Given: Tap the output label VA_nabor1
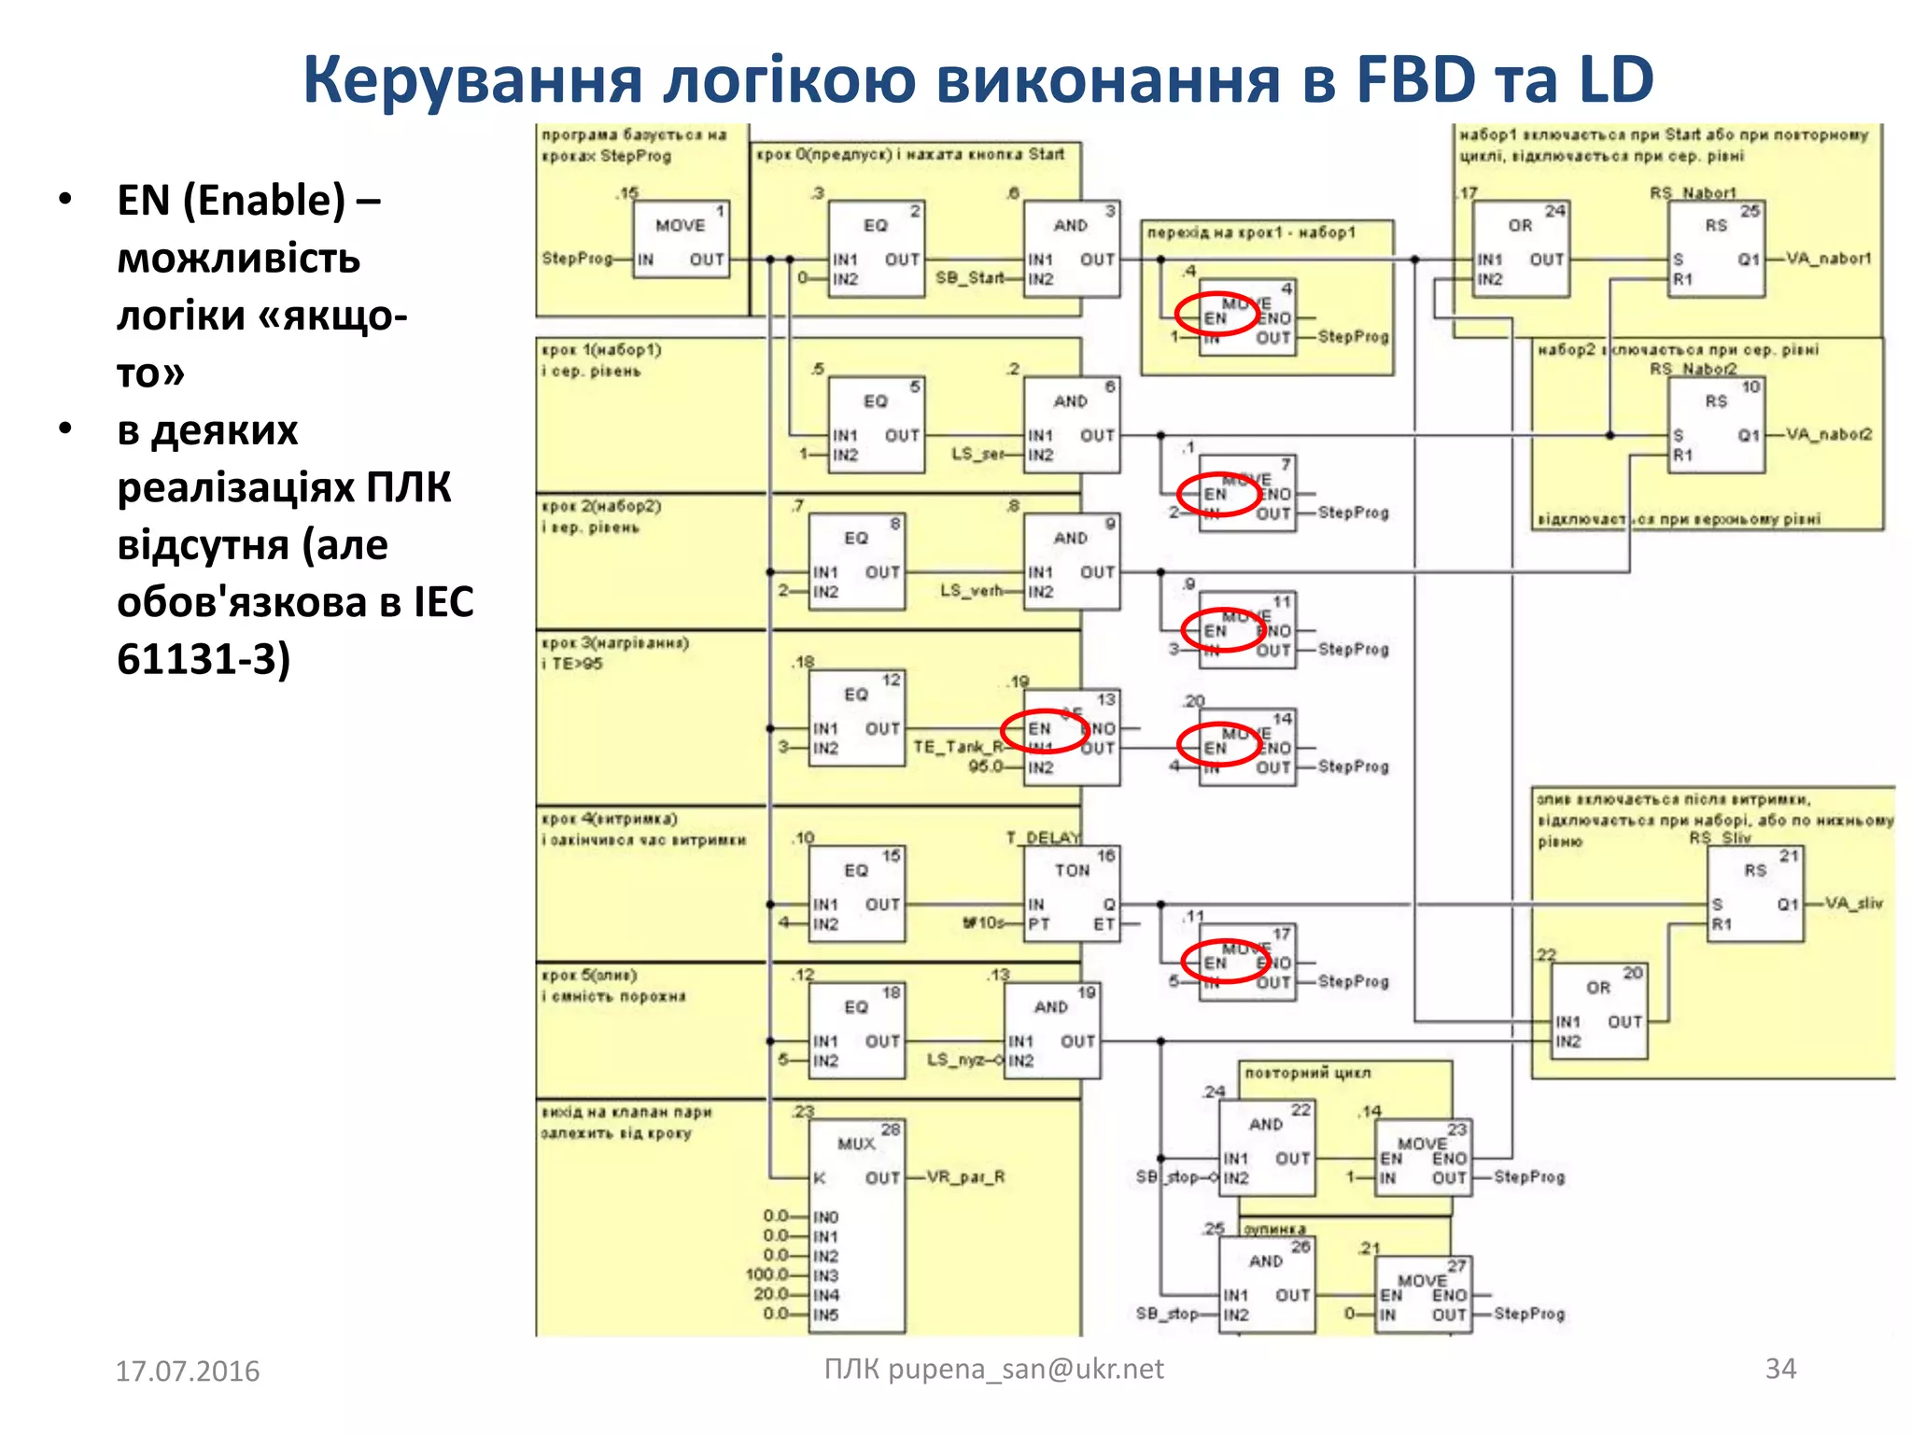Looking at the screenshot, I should coord(1829,259).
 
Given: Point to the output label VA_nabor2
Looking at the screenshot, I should coord(1829,434).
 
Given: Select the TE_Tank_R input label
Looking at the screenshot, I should coord(958,747).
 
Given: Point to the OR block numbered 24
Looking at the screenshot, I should coord(1521,248).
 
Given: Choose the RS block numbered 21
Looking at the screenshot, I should coord(1755,893).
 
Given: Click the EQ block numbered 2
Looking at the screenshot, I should coord(876,248).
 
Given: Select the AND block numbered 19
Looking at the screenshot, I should coord(1051,1031).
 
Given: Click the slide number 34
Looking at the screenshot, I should coord(1780,1369).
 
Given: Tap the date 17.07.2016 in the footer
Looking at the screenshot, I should coord(187,1371).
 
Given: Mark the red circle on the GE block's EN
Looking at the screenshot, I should coord(1045,729).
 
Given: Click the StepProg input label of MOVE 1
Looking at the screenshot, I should coord(577,259).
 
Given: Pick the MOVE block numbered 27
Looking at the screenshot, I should coord(1423,1294).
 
